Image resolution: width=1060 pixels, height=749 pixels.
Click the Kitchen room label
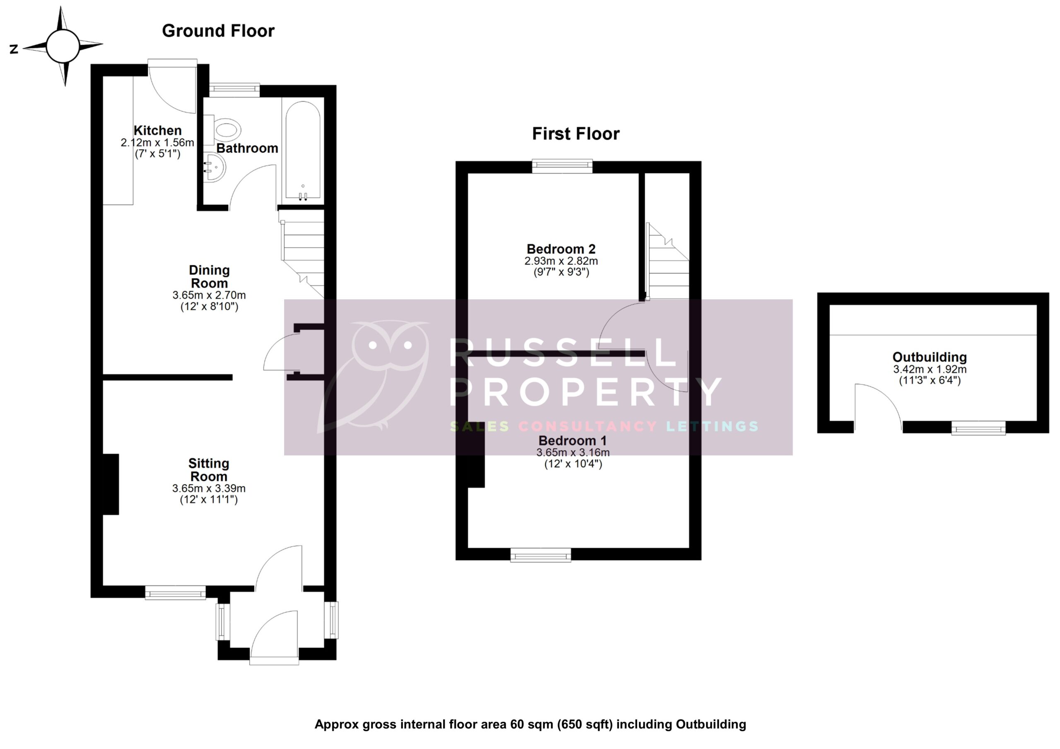tap(157, 131)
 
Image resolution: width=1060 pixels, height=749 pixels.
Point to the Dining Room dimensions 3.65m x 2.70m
tap(209, 295)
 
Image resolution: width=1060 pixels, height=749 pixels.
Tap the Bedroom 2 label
tap(561, 249)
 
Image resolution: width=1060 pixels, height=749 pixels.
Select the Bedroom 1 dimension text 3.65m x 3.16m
tap(573, 453)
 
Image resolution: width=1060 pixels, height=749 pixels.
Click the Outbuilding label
tap(929, 357)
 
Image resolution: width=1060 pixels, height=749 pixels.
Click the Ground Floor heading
tap(218, 31)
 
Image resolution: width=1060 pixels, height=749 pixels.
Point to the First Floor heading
tap(576, 134)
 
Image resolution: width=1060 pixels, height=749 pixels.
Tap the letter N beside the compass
tap(14, 49)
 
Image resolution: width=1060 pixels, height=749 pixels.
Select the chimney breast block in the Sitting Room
tap(111, 484)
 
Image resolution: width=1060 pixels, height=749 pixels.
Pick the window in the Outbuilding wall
tap(978, 428)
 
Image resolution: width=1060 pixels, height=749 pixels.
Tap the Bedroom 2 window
tap(562, 166)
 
